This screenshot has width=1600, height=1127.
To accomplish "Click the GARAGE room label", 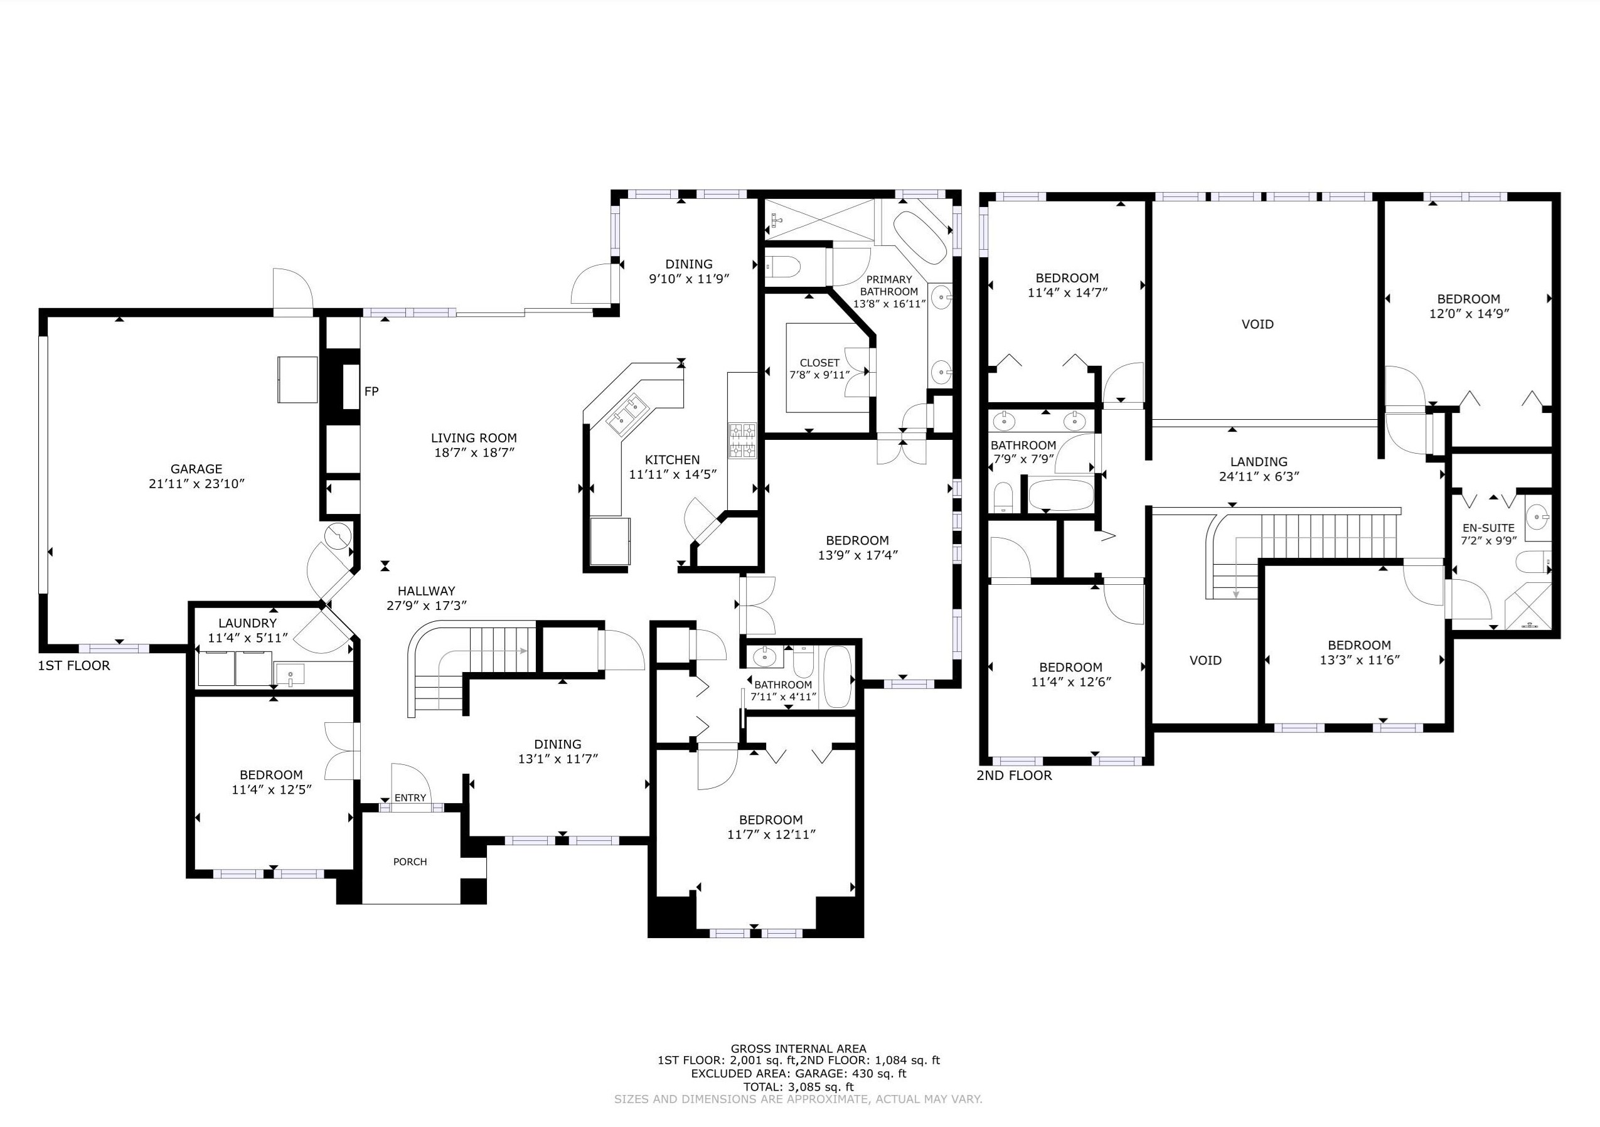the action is tap(196, 469).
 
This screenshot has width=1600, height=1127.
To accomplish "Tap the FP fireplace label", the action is tap(371, 392).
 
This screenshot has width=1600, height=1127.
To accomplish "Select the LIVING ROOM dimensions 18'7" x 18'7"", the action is tap(473, 452).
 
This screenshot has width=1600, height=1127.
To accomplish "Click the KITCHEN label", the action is tap(672, 460).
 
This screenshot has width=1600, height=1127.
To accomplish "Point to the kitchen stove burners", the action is tap(742, 441).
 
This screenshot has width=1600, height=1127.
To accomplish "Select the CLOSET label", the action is tap(819, 363).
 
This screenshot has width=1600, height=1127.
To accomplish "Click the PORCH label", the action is tap(410, 862).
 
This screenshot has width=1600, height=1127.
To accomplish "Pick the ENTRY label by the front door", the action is tap(410, 798).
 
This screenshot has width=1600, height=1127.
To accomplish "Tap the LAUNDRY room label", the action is tap(247, 624).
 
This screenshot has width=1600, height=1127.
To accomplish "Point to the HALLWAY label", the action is tap(426, 591).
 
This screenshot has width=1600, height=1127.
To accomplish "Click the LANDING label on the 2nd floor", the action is tap(1259, 461).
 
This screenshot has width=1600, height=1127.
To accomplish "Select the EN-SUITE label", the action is tap(1488, 528).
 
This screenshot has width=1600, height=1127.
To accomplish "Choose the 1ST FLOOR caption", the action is tap(74, 666).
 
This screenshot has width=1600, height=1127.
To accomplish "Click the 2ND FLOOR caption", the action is tap(1014, 776).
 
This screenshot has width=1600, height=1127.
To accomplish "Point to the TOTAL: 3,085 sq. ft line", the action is tap(799, 1087).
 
